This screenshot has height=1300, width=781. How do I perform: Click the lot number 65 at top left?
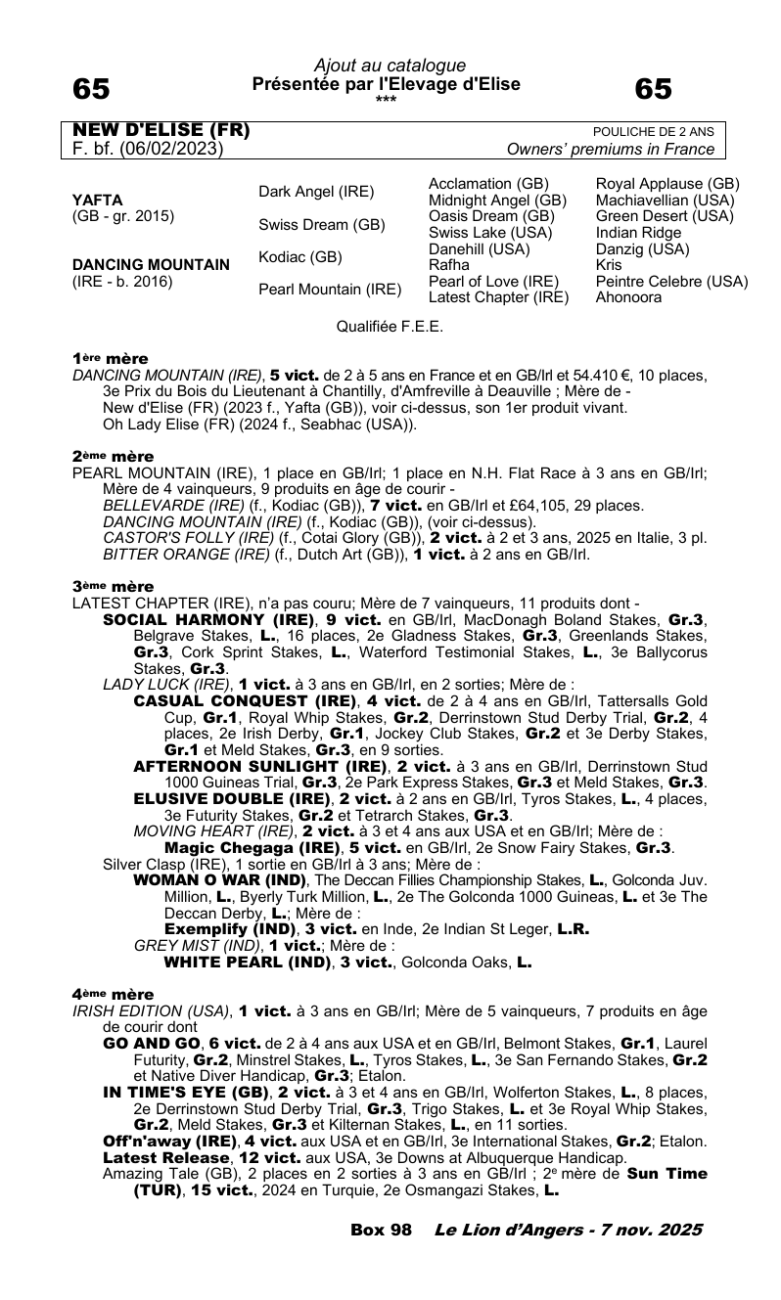92,89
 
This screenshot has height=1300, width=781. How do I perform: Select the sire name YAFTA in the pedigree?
98,202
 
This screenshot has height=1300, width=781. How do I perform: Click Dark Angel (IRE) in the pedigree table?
316,192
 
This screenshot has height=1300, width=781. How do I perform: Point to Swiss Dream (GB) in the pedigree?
322,224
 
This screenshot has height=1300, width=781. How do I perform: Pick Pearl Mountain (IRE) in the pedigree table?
330,290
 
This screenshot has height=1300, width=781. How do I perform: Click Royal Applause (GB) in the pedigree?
667,184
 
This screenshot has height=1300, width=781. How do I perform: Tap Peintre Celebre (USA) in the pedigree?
671,282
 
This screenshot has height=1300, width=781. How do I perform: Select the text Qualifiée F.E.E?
390,327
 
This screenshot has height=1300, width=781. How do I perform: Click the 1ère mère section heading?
111,359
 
